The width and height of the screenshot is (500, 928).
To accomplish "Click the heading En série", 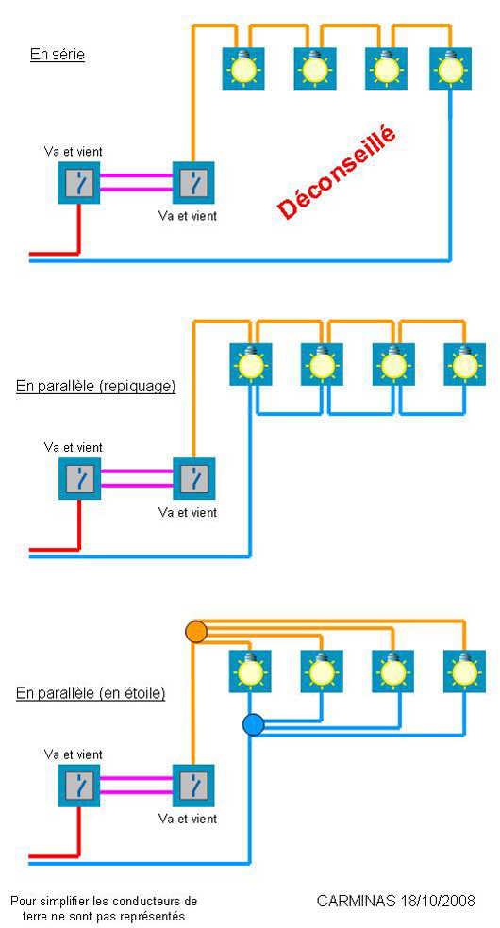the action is click(58, 55).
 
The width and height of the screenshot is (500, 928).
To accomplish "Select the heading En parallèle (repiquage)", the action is click(96, 388).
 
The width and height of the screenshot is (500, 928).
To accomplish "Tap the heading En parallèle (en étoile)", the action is click(91, 693).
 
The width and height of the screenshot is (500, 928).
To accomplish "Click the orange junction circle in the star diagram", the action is click(196, 631).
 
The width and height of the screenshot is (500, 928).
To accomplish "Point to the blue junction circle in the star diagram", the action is click(253, 724).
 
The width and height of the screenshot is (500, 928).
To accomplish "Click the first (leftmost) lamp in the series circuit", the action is click(243, 68).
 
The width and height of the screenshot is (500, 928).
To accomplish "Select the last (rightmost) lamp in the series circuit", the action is click(450, 68).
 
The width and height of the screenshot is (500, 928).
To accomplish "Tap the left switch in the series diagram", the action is click(79, 182).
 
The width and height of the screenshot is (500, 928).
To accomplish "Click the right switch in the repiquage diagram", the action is click(193, 478).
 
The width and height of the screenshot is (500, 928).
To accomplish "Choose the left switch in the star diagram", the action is click(79, 786).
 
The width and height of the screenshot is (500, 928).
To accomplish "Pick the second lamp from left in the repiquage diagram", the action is click(322, 364).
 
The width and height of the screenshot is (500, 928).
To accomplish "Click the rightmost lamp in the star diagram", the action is click(464, 671).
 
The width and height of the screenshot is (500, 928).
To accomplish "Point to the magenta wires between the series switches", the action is click(136, 182).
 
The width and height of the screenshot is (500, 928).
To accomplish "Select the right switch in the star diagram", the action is click(193, 786).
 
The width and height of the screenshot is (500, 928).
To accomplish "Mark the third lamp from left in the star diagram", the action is click(392, 671).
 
